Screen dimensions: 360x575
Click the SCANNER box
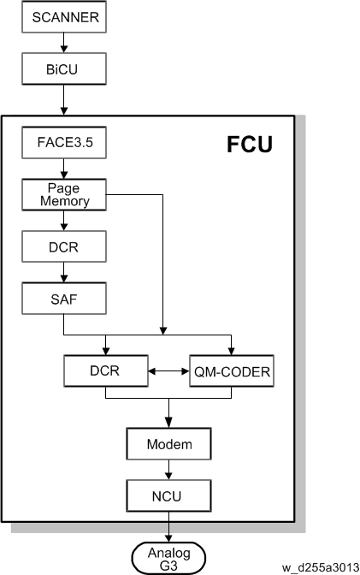pos(64,17)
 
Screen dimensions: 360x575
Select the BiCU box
pos(64,68)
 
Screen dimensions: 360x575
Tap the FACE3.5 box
pos(64,142)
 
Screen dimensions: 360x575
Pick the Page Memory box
pos(64,194)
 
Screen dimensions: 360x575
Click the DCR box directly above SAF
pos(64,246)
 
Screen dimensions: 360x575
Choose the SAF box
pos(64,298)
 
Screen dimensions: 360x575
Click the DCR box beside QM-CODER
pos(106,370)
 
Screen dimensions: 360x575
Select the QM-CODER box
pos(232,370)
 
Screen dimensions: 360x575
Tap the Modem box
pos(169,444)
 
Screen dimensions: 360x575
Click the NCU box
pos(169,495)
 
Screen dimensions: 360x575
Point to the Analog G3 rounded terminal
pos(168,558)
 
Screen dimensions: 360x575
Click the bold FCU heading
pos(250,144)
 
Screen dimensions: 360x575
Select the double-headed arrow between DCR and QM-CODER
pos(169,371)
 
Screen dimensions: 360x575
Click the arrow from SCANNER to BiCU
pos(64,43)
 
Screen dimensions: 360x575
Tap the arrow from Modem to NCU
pos(169,470)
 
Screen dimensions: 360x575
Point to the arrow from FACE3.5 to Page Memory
pos(64,169)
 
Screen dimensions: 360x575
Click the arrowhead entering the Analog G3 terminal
pos(169,538)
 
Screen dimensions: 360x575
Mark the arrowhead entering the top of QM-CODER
pos(232,351)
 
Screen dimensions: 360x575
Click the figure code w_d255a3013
pos(321,567)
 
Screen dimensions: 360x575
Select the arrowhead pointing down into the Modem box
pos(169,424)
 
